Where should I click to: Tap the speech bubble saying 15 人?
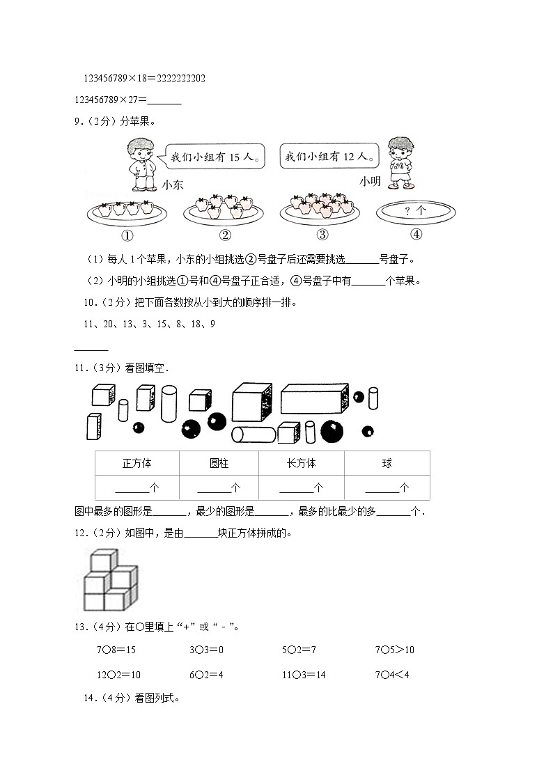pos(215,158)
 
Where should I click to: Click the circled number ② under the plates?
pos(224,235)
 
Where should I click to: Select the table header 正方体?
pos(137,464)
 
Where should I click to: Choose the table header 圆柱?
pos(219,464)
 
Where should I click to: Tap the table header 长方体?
pos(301,464)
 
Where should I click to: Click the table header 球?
pos(387,464)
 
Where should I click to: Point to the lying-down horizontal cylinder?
pos(252,435)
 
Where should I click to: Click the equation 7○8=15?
pos(116,650)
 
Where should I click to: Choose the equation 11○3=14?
pos(304,675)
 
